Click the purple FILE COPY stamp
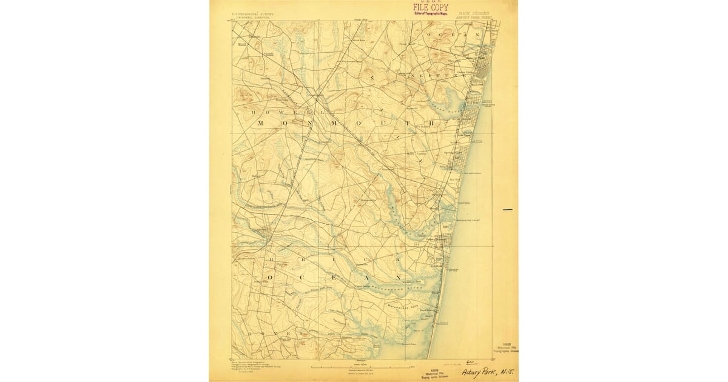pos(431,7)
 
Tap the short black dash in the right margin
pos(507,210)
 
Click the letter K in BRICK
pos(400,259)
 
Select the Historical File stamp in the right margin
pos(507,348)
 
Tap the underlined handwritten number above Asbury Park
pos(468,361)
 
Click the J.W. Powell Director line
pos(249,18)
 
